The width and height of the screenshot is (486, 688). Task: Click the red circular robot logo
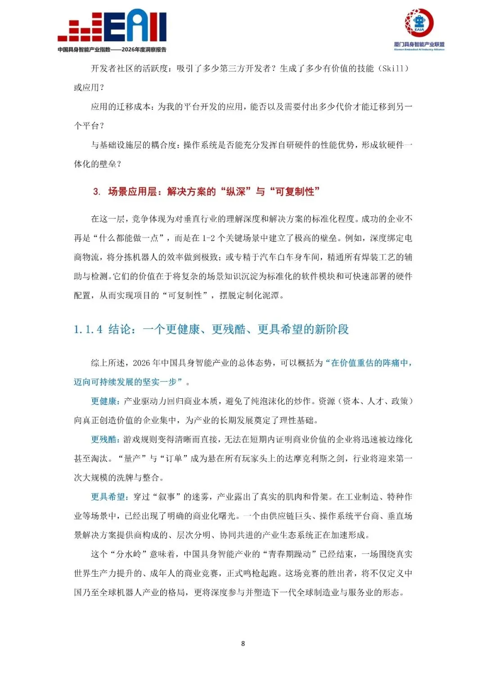coord(419,22)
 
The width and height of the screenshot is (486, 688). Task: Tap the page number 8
coord(243,643)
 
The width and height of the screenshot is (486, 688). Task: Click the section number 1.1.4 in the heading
coord(88,329)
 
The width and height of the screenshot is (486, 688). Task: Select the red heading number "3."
coord(97,191)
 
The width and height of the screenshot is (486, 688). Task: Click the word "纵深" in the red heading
coord(236,191)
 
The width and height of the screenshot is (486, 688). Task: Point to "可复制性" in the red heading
coord(294,191)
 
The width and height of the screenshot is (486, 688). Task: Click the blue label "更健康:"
coord(105,401)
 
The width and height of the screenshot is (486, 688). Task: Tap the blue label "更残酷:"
coord(105,439)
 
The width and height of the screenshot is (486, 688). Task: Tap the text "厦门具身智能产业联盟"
coord(419,44)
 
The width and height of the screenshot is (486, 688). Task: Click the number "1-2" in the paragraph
coord(208,238)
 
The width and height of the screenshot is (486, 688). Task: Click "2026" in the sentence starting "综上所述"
coord(141,363)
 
